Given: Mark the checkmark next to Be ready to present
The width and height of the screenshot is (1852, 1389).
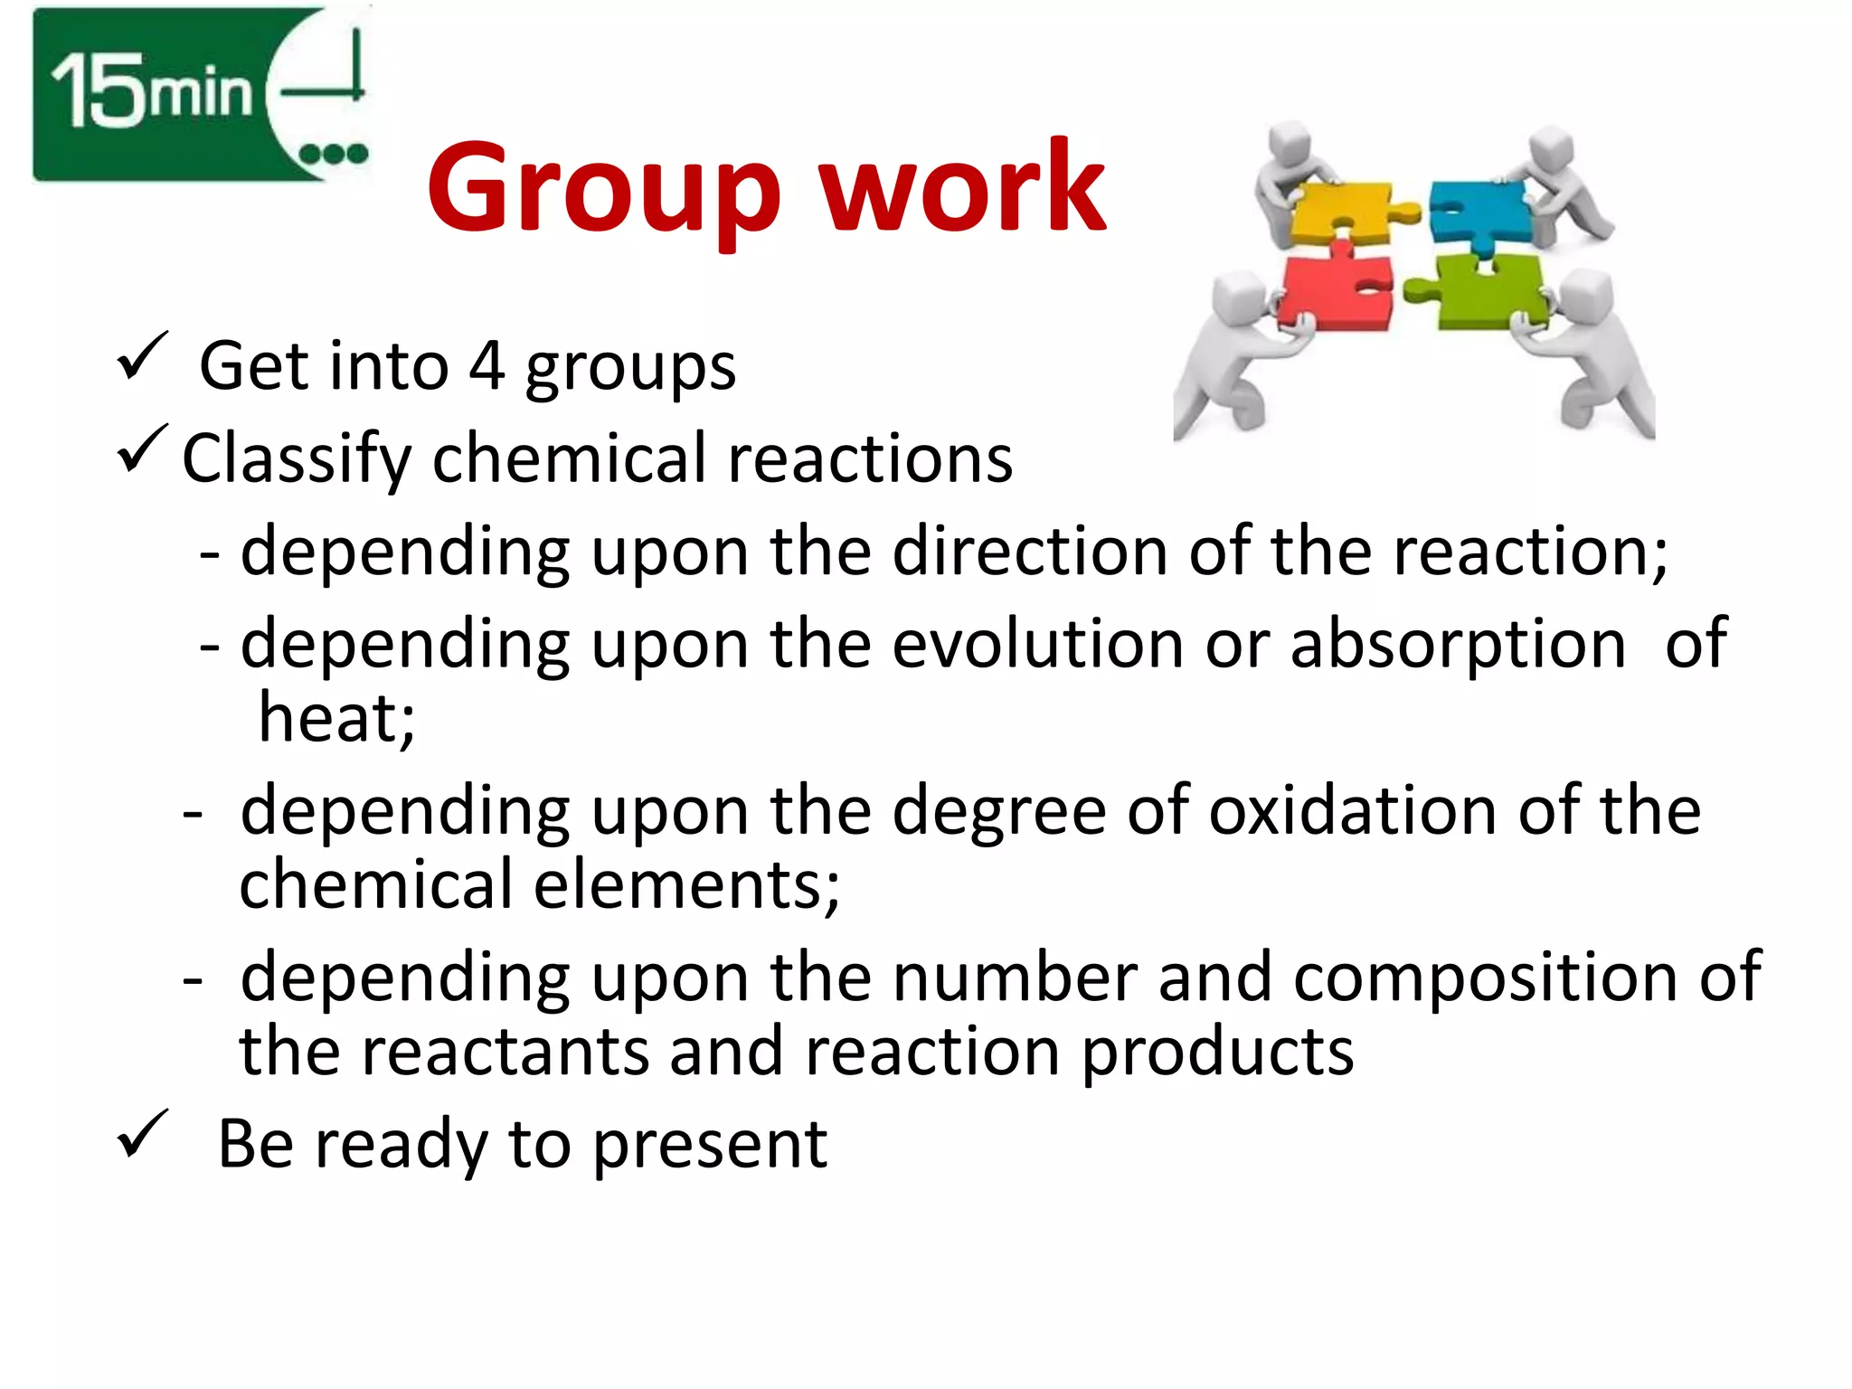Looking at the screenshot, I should point(142,1133).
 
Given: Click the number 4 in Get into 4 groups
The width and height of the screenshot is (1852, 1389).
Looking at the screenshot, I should point(487,366).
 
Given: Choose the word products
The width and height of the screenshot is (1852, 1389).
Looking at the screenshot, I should point(1217,1053).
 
